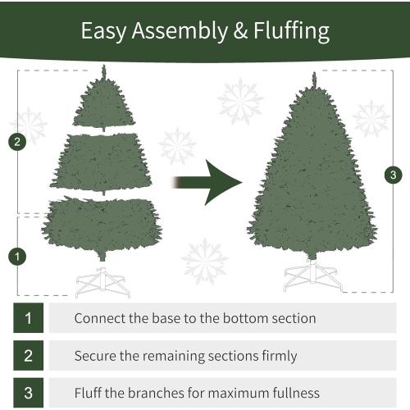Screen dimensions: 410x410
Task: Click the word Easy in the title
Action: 102,31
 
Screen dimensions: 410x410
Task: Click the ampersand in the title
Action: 230,31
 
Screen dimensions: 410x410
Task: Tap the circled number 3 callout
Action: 394,175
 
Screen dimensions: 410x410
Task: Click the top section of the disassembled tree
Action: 104,107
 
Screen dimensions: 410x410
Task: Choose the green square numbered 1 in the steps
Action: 28,317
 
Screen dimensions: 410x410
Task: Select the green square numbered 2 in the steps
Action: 28,355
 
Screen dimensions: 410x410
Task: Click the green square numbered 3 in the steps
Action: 28,393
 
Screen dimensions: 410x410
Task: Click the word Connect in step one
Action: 99,318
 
